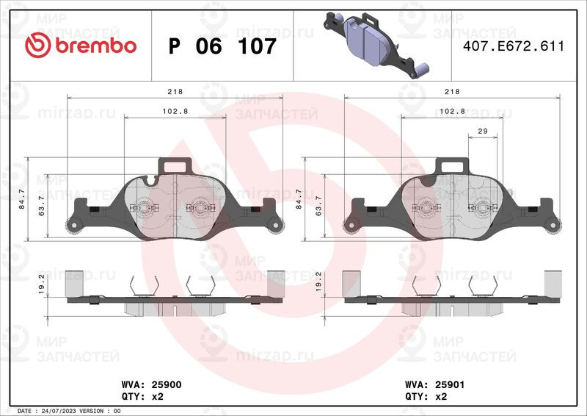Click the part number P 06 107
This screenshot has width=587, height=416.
pyautogui.click(x=222, y=46)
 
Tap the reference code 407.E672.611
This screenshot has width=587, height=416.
pyautogui.click(x=513, y=46)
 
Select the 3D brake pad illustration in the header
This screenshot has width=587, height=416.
pyautogui.click(x=376, y=45)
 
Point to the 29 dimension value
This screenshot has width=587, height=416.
pyautogui.click(x=483, y=131)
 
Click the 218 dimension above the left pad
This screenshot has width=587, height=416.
pyautogui.click(x=175, y=92)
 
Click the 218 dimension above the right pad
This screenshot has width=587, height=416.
pyautogui.click(x=452, y=92)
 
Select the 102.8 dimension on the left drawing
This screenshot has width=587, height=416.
pyautogui.click(x=175, y=112)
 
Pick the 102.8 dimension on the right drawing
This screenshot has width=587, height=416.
pyautogui.click(x=452, y=112)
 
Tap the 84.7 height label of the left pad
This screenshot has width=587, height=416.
pyautogui.click(x=22, y=198)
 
